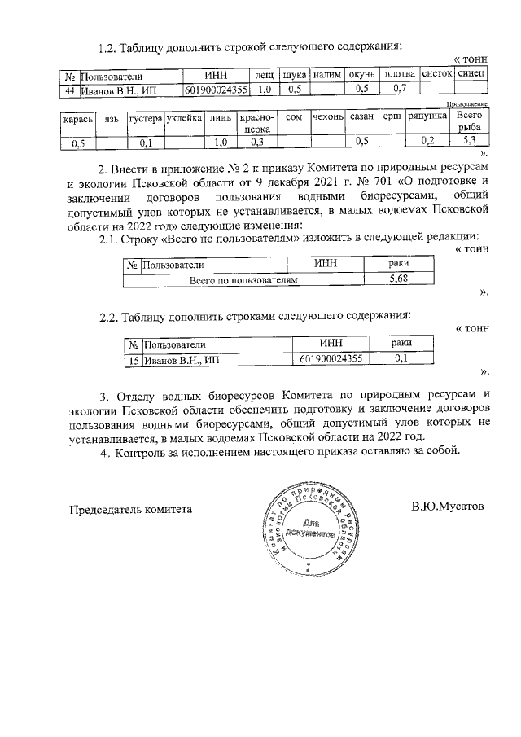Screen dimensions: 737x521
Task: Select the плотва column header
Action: (400, 75)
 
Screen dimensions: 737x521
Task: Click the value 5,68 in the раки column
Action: (399, 279)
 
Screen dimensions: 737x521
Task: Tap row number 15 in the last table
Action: (134, 358)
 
